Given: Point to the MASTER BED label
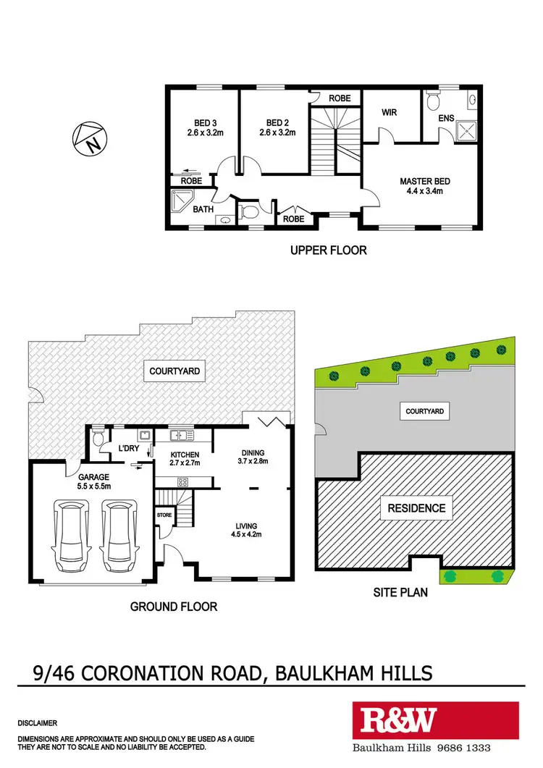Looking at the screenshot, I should (421, 181).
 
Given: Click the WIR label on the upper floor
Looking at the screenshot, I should (389, 113).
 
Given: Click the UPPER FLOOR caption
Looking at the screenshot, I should (329, 250).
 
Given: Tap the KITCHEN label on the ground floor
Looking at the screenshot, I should (184, 455).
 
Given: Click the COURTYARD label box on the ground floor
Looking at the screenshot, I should (174, 371).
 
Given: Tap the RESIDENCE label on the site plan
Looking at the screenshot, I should (416, 507).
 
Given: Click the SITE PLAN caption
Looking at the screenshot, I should (400, 592).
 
